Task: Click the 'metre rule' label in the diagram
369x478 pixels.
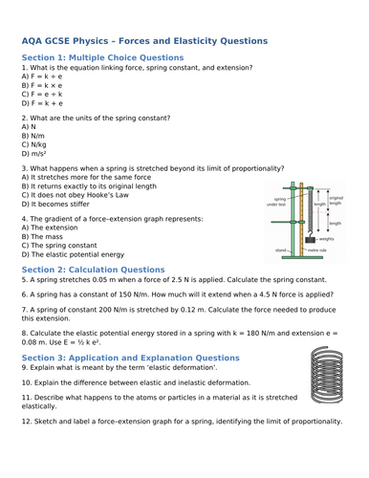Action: [317, 250]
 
